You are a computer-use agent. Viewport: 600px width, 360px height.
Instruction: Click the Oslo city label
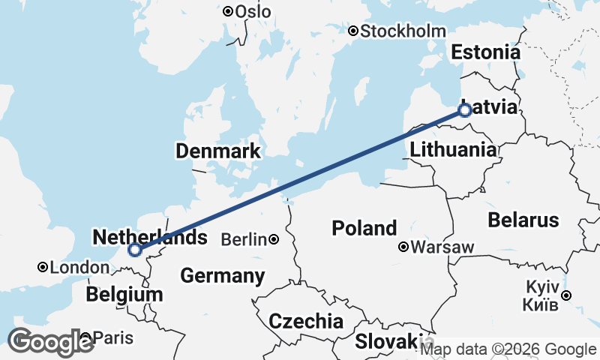pos(253,11)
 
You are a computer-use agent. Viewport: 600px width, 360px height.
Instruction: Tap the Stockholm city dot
pos(353,31)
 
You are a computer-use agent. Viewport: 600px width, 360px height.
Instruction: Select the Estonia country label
pos(485,52)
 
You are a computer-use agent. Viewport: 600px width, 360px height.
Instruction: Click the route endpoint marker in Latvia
pos(464,110)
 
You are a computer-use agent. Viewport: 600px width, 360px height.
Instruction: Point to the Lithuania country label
pos(453,149)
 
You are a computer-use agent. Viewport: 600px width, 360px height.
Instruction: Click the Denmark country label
pos(217,151)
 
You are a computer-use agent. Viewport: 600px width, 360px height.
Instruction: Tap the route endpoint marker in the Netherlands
pos(135,250)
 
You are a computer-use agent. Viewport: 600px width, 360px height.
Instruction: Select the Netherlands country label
pos(149,238)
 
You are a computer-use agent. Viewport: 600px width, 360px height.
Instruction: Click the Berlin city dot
pos(274,240)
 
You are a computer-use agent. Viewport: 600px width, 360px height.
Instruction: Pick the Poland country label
pos(365,228)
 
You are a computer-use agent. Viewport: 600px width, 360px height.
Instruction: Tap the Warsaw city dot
pos(403,247)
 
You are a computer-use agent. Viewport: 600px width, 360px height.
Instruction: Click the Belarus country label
pos(523,220)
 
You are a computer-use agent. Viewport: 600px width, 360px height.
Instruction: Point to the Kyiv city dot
pos(567,295)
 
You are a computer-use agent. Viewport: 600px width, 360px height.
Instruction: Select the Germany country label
pos(223,275)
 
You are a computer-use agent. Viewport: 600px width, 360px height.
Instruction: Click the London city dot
pos(43,267)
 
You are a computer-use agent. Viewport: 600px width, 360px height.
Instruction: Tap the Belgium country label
pos(124,294)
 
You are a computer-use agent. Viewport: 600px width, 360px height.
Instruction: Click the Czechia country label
pos(306,322)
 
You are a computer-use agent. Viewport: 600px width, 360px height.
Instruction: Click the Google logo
pos(51,342)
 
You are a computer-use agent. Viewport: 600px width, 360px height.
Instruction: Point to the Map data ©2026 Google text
pos(508,349)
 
